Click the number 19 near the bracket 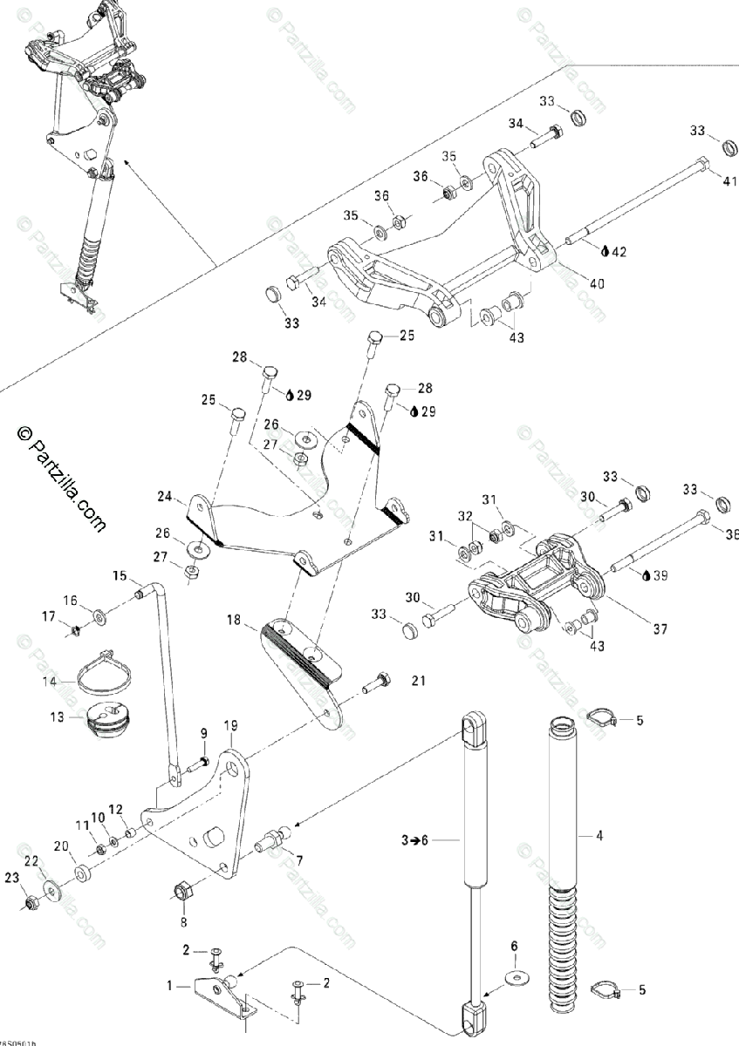point(230,724)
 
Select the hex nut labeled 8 point(183,891)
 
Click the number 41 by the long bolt point(729,180)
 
